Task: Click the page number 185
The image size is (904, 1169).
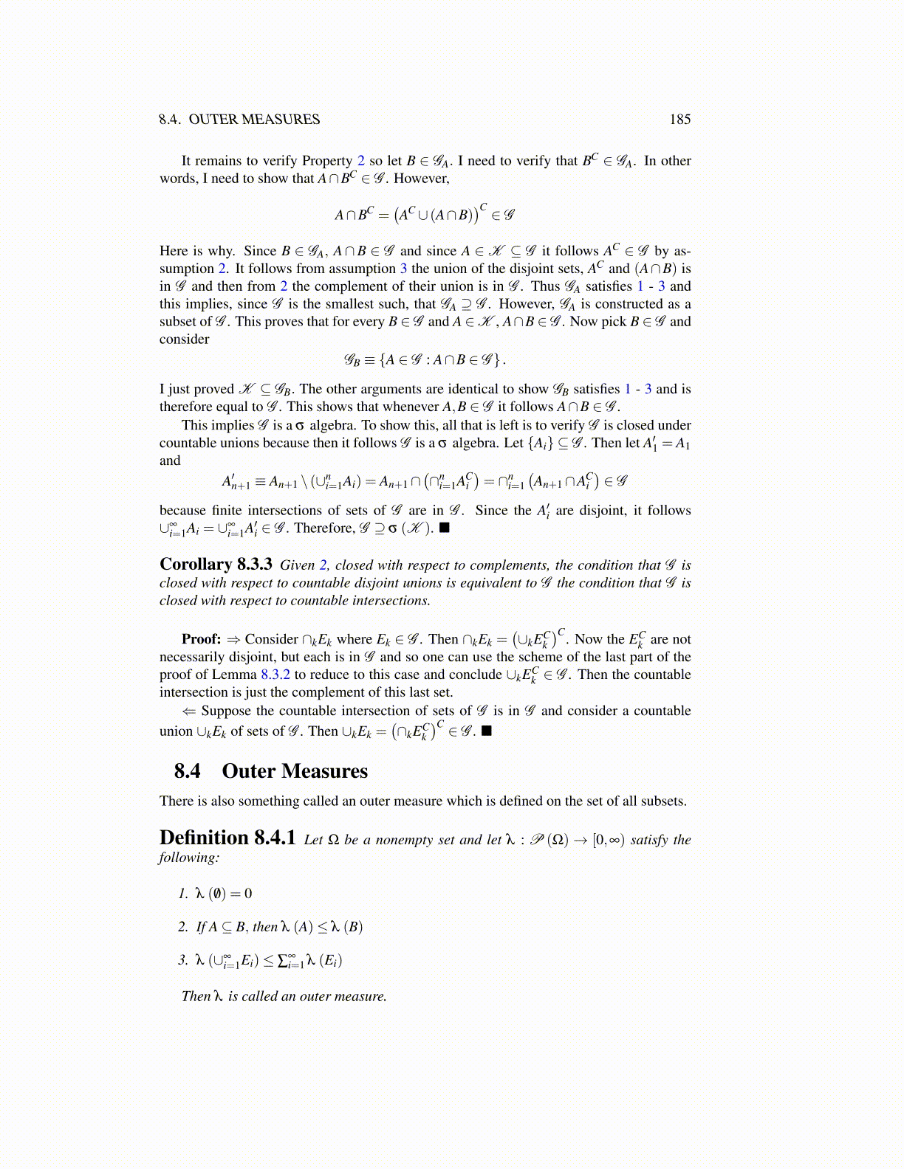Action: (679, 120)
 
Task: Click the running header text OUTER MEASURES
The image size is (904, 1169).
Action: (254, 120)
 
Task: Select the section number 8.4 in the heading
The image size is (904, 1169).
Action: (187, 771)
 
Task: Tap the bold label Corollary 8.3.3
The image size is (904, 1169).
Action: (216, 565)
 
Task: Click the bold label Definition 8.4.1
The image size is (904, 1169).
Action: (227, 838)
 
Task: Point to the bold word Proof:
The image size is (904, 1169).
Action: (201, 639)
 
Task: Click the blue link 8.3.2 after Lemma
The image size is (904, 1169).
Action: (275, 675)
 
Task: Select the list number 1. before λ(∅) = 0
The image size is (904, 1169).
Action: (183, 894)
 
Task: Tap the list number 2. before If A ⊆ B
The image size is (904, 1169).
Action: (183, 927)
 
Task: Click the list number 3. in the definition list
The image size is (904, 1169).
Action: (183, 960)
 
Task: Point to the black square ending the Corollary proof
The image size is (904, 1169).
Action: (486, 731)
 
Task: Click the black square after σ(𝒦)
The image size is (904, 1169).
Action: (445, 528)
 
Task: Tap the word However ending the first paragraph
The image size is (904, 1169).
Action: (420, 179)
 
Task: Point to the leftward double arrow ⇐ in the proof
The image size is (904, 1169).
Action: (189, 711)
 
